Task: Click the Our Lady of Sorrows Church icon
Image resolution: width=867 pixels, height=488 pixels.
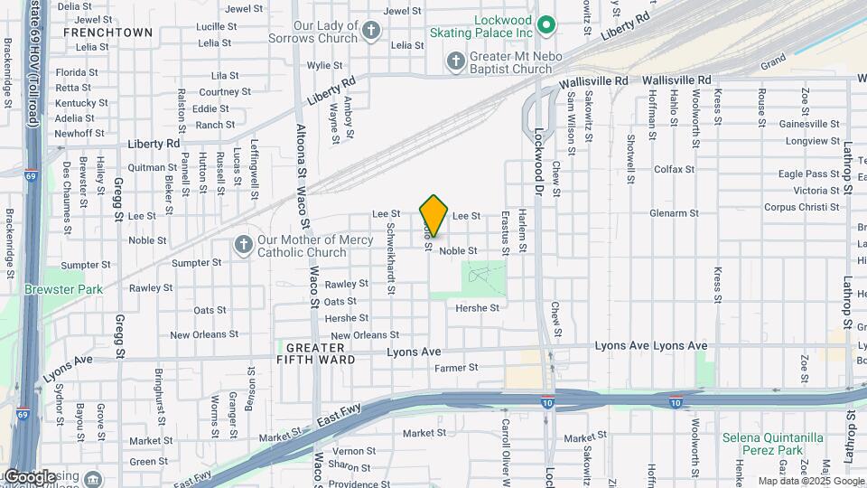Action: [x=370, y=33]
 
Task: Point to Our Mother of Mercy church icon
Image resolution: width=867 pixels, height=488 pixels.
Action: [x=242, y=245]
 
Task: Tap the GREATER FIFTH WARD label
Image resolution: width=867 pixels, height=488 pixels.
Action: [x=315, y=354]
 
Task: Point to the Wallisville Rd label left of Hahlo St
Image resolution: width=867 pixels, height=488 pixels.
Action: [x=593, y=81]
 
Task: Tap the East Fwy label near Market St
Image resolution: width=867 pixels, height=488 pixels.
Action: [x=339, y=417]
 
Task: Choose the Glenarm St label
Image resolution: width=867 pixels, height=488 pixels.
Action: [x=672, y=214]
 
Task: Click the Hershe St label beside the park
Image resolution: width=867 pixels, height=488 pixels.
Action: [x=478, y=308]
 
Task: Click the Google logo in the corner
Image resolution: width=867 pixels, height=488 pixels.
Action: [x=29, y=476]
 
